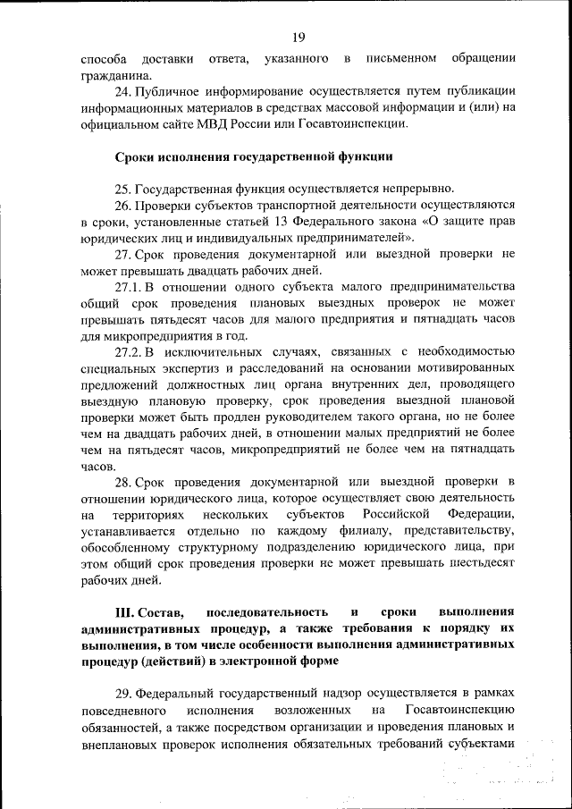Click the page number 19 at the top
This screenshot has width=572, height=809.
coord(298,36)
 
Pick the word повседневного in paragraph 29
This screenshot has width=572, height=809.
coord(124,711)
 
